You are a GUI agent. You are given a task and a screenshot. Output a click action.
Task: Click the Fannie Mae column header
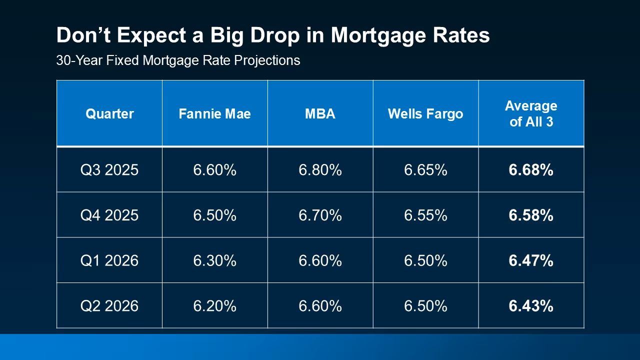[214, 114]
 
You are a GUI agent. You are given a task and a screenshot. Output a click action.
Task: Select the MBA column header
[320, 114]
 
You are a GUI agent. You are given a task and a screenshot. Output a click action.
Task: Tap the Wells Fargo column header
[425, 114]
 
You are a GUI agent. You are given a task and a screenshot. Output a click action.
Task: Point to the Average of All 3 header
[531, 113]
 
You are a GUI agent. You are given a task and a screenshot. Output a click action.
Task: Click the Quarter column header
[109, 114]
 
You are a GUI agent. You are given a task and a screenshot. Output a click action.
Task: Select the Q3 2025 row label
[109, 170]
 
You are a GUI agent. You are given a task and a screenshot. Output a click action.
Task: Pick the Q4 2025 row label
[109, 215]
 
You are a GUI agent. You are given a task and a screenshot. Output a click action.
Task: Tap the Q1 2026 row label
[109, 260]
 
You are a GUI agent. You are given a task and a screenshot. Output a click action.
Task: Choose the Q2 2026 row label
[109, 305]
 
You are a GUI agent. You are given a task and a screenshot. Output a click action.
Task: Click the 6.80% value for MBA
[320, 170]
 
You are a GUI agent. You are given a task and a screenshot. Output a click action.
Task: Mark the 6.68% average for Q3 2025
[531, 170]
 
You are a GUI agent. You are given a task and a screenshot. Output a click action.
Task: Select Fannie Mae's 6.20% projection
[214, 305]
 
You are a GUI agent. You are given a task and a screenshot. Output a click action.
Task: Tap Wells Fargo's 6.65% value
[425, 170]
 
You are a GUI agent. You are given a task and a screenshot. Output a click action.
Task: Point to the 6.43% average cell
[531, 305]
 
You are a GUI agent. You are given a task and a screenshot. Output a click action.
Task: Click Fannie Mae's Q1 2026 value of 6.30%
[214, 260]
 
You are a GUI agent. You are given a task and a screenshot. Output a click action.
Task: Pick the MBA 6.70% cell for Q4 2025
[320, 215]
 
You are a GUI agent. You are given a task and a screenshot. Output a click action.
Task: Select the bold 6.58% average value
[531, 215]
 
